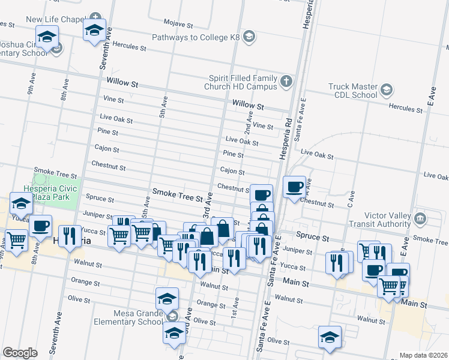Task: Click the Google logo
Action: [x=20, y=353]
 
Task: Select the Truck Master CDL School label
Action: [x=352, y=91]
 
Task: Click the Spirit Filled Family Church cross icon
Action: [x=286, y=81]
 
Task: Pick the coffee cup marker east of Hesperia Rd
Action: [x=294, y=187]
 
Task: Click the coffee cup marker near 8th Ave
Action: [x=41, y=226]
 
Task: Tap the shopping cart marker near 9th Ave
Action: [x=17, y=240]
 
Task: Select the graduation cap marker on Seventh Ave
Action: [x=94, y=30]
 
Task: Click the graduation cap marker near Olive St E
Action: [x=330, y=337]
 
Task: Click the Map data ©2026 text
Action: [x=424, y=355]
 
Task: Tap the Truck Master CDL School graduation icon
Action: [x=387, y=91]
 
